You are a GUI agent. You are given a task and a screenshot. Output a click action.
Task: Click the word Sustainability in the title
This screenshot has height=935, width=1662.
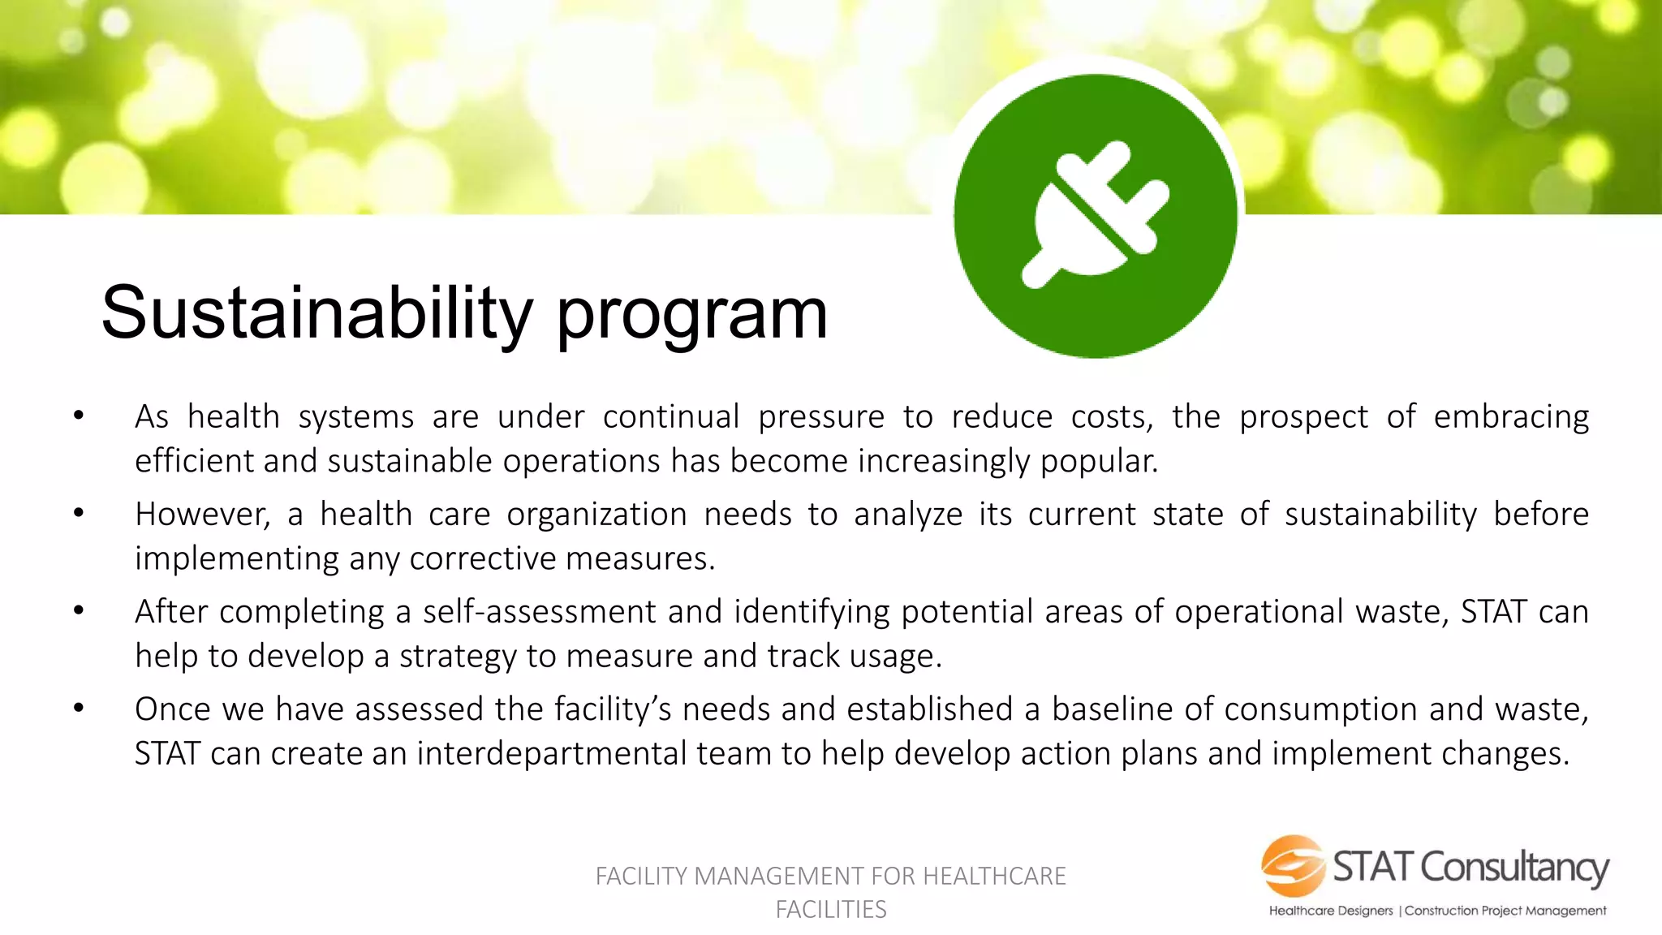tap(316, 313)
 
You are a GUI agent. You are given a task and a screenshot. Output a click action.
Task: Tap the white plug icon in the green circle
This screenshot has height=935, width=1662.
tap(1096, 216)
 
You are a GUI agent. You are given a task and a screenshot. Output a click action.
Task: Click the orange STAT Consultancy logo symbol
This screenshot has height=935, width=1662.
tap(1293, 866)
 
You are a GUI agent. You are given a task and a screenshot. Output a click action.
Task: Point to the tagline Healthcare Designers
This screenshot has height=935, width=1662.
tap(1331, 911)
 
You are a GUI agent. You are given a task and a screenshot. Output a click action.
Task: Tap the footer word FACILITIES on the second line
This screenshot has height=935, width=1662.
tap(831, 910)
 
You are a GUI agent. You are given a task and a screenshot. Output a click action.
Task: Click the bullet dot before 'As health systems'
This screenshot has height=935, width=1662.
tap(79, 416)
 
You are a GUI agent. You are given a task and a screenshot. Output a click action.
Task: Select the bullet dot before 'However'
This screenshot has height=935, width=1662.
tap(79, 514)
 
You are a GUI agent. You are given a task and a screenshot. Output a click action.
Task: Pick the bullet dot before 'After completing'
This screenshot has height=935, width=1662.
tap(79, 611)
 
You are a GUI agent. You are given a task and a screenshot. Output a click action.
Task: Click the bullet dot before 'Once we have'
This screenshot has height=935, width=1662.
tap(79, 709)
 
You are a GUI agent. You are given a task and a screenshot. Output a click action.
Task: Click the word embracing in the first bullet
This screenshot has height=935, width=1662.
tap(1511, 417)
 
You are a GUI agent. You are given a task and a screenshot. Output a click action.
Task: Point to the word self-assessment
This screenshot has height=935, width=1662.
tap(539, 612)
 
